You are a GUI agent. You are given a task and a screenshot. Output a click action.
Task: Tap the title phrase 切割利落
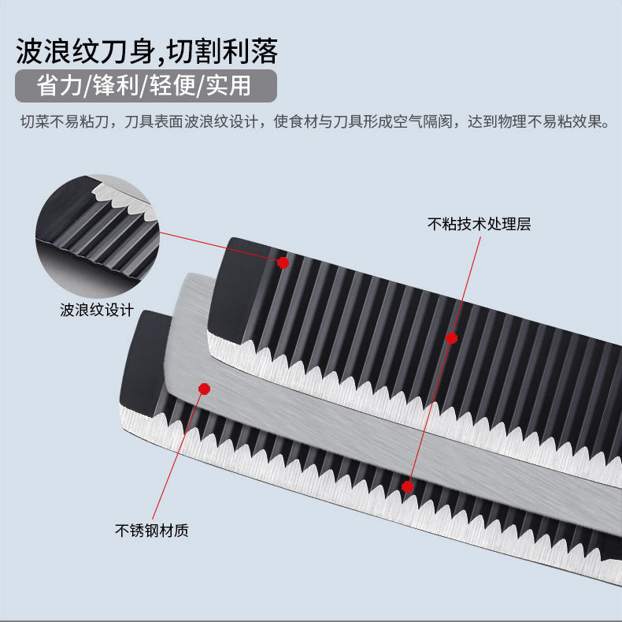coord(228,51)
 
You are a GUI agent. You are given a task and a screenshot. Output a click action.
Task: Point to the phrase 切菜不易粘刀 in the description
coord(59,122)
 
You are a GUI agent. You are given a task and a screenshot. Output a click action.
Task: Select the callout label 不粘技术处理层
coord(479,224)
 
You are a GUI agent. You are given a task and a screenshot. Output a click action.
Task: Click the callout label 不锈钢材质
coord(152,531)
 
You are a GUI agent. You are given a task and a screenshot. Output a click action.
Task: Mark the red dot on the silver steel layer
coord(205,389)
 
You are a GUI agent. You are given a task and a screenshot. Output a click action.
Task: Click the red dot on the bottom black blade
coord(408,486)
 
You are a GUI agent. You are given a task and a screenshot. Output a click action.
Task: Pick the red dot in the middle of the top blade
coord(451,337)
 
